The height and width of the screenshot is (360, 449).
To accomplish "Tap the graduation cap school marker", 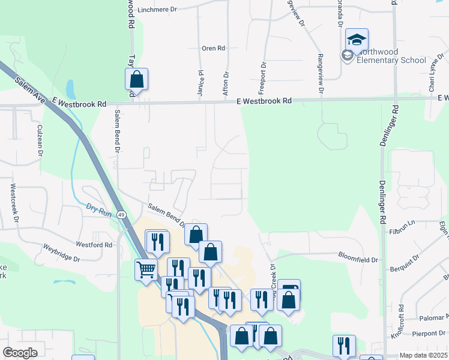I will point(357,40).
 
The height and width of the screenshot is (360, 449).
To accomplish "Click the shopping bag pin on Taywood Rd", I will point(136,80).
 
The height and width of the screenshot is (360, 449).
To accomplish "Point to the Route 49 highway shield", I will point(122,215).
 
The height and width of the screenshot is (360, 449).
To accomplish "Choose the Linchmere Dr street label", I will point(158,10).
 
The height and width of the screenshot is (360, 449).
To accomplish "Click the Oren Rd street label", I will point(213,48).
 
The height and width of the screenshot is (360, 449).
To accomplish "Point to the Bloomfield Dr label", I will point(358,260).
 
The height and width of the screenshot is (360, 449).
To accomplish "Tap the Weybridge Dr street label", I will point(61,252).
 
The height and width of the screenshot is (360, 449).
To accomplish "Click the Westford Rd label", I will point(94,245).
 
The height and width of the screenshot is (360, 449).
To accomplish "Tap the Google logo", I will point(20,353).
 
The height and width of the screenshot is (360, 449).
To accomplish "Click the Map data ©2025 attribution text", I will point(424,355).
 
